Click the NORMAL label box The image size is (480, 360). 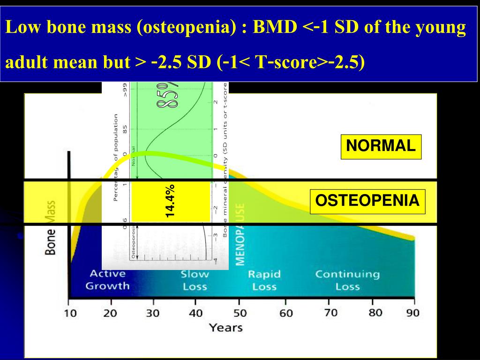tap(381, 146)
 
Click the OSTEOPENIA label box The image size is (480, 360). tap(367, 202)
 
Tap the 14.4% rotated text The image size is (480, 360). tap(170, 201)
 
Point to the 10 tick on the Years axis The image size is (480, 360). tap(70, 313)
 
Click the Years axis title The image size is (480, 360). tap(226, 328)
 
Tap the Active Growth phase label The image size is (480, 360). tap(107, 280)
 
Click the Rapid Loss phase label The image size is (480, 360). tap(264, 280)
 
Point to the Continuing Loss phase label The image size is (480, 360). tap(347, 280)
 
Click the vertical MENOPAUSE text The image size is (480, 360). tap(240, 234)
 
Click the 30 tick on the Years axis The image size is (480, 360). tap(153, 313)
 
